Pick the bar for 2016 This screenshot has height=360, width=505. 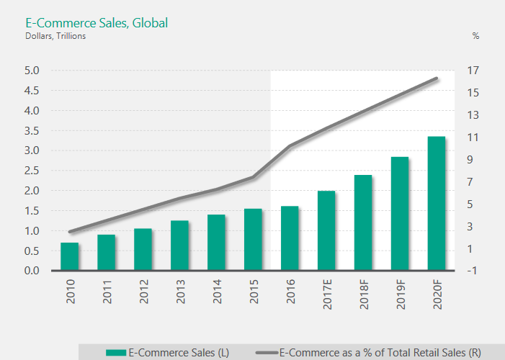290,238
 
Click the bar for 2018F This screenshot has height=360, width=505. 362,223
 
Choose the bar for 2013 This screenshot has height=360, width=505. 179,246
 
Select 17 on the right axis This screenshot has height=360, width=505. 472,71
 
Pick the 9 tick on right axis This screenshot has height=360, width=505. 472,160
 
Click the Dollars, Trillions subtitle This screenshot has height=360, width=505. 55,36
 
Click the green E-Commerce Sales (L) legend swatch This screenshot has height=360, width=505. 115,352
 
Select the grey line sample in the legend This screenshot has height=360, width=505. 266,352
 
